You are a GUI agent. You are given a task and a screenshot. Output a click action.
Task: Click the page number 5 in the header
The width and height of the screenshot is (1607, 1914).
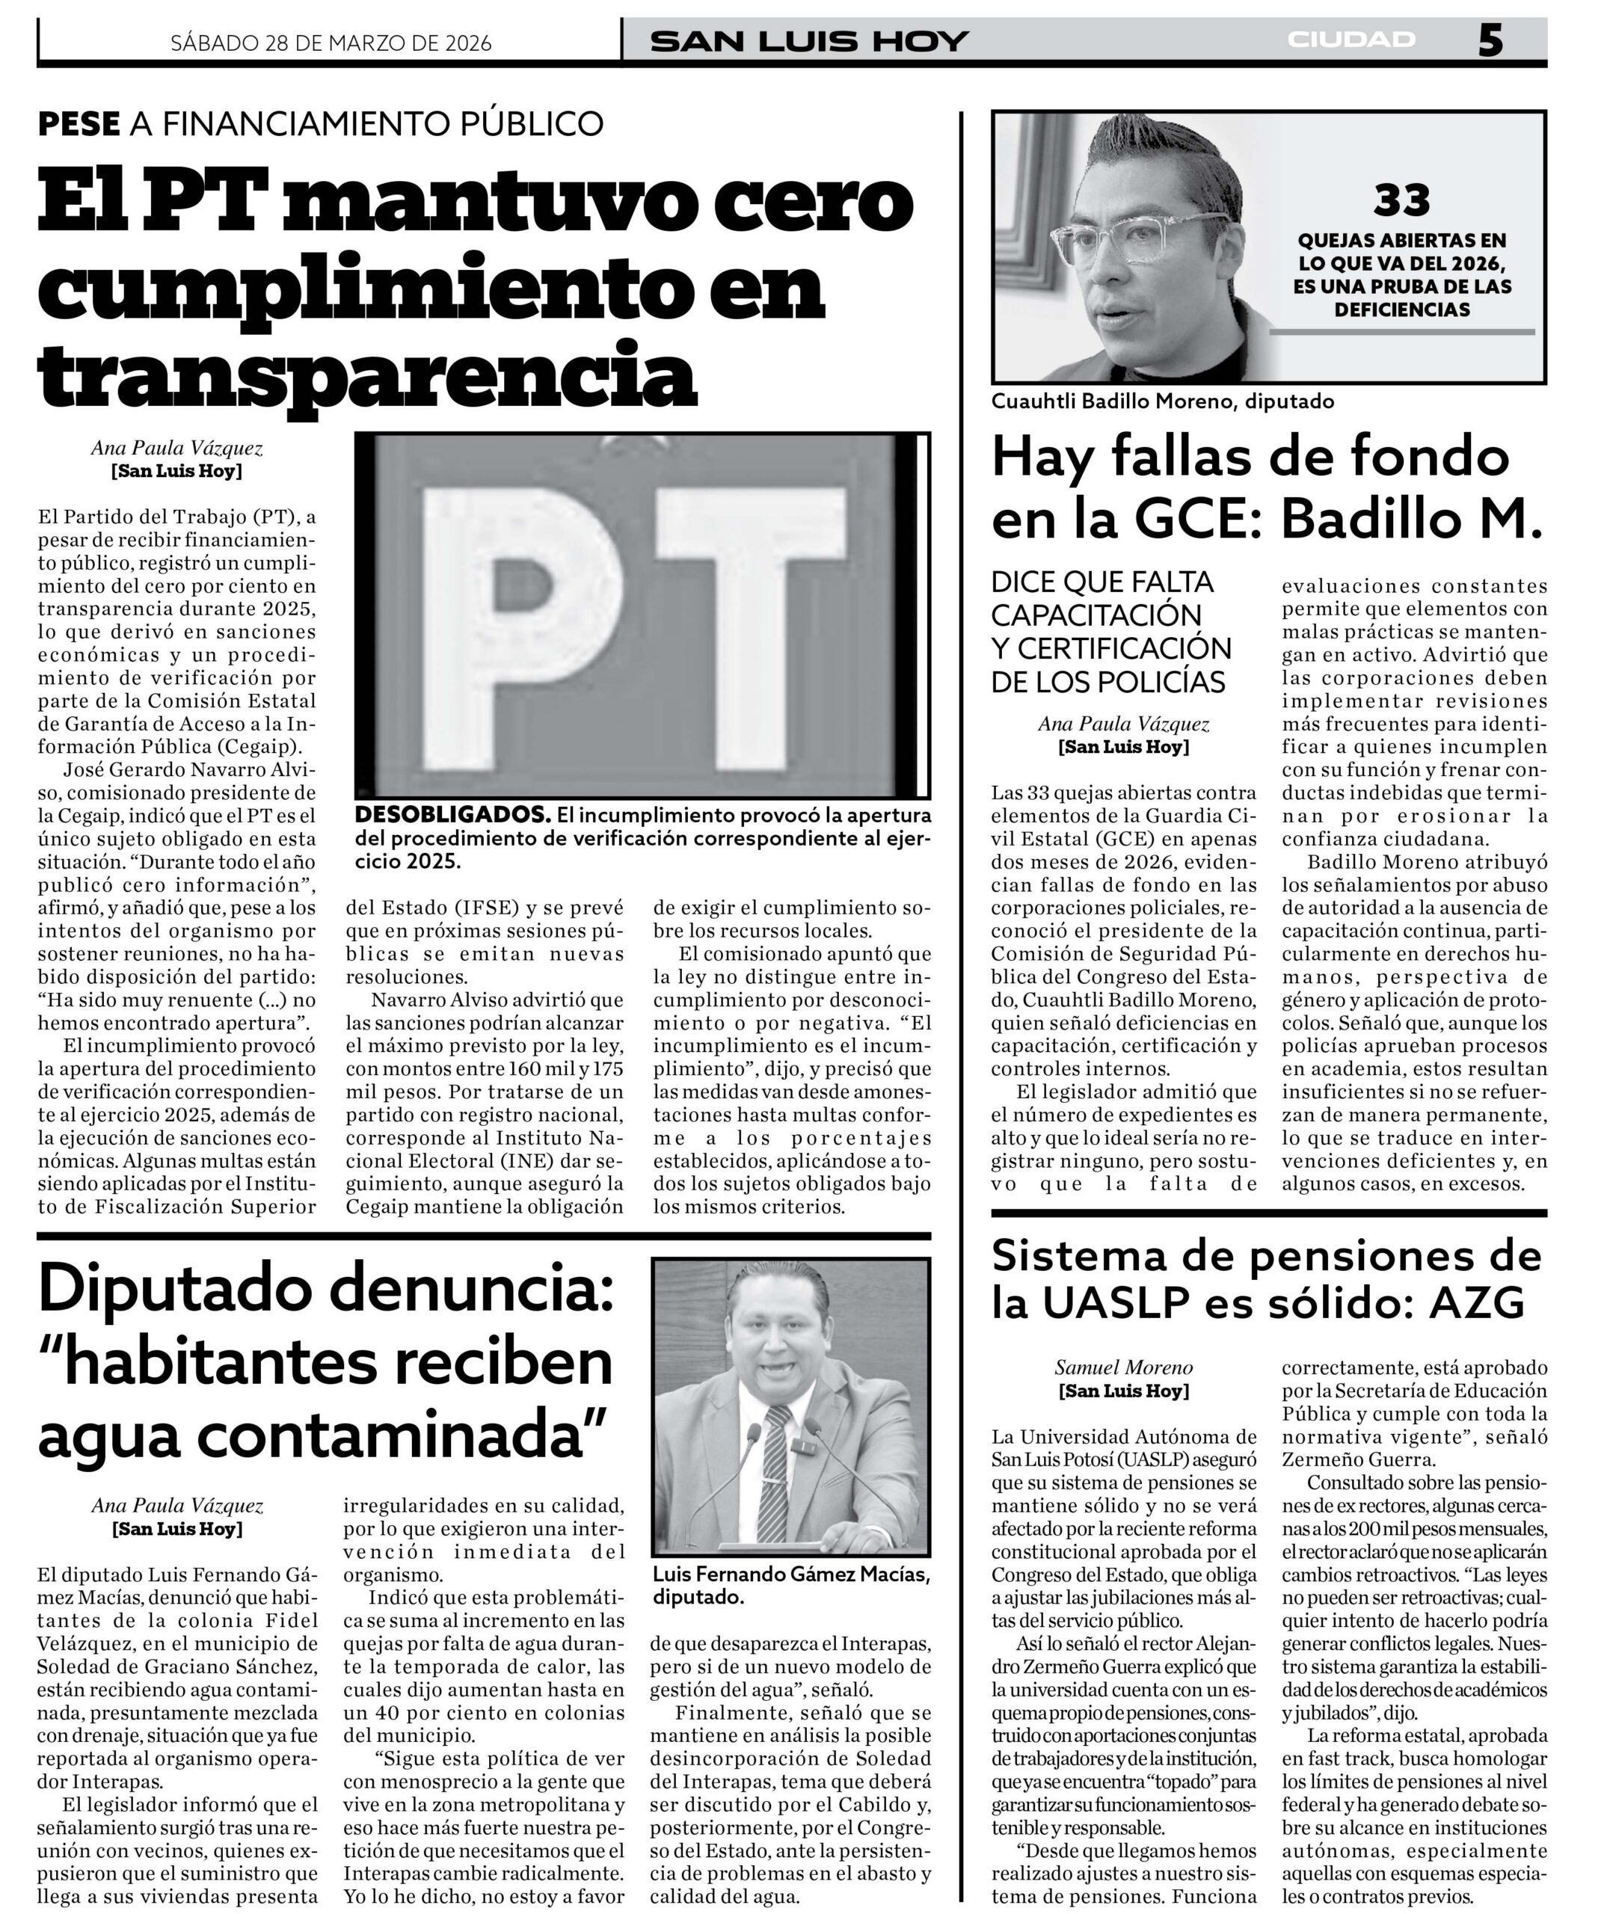(1490, 41)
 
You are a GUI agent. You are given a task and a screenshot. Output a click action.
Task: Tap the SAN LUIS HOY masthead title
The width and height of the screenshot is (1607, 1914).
(808, 42)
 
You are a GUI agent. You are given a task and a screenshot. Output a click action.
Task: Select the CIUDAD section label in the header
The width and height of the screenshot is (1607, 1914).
(1352, 39)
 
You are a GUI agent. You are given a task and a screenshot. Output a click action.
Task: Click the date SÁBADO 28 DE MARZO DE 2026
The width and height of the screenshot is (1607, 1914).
(331, 43)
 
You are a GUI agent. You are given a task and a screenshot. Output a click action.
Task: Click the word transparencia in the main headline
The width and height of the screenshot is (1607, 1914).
(367, 375)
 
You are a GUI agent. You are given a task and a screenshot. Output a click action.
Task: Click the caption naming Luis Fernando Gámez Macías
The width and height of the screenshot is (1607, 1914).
(790, 1585)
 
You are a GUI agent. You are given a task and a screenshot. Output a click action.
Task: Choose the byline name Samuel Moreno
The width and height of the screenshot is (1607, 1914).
(1123, 1367)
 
